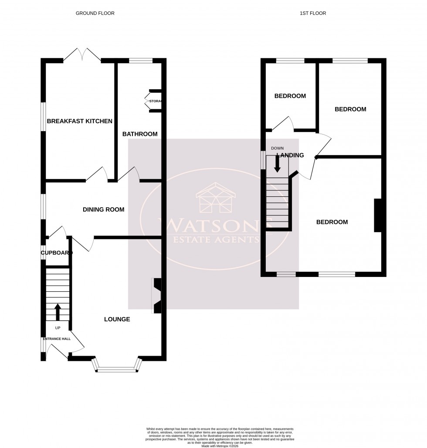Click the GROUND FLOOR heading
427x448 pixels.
[x=95, y=13]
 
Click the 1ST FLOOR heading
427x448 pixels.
[x=313, y=13]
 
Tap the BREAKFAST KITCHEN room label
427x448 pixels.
[x=80, y=121]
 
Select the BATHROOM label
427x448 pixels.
[x=140, y=134]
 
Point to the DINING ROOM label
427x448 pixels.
[x=104, y=209]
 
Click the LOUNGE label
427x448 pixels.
[x=117, y=319]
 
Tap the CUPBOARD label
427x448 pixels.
[x=56, y=253]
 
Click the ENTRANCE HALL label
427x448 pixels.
[x=56, y=339]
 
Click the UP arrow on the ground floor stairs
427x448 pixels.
[x=58, y=312]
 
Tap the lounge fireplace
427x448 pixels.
[x=156, y=296]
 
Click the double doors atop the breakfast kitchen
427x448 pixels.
[x=82, y=56]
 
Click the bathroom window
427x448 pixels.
[x=140, y=61]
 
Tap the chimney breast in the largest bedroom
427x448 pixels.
[x=377, y=216]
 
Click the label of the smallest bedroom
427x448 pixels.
[x=290, y=96]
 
